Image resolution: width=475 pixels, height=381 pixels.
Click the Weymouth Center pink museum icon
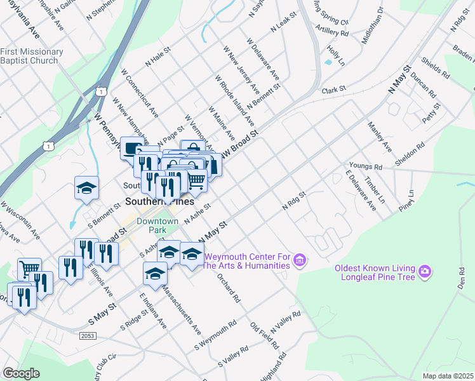pyautogui.click(x=300, y=260)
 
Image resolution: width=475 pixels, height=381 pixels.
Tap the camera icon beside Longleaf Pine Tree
pyautogui.click(x=425, y=272)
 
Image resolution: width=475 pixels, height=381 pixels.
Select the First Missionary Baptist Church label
pyautogui.click(x=32, y=56)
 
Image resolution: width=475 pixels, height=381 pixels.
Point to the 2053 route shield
pyautogui.click(x=89, y=335)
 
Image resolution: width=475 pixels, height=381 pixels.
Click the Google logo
pyautogui.click(x=21, y=373)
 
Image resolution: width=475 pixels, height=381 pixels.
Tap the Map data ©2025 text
pyautogui.click(x=447, y=376)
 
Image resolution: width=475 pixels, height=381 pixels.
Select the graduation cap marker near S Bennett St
pyautogui.click(x=86, y=188)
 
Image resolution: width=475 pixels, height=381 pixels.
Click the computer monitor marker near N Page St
pyautogui.click(x=131, y=149)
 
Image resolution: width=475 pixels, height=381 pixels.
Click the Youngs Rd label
pyautogui.click(x=369, y=167)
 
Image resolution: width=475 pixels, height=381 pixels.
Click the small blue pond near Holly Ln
pyautogui.click(x=328, y=62)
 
